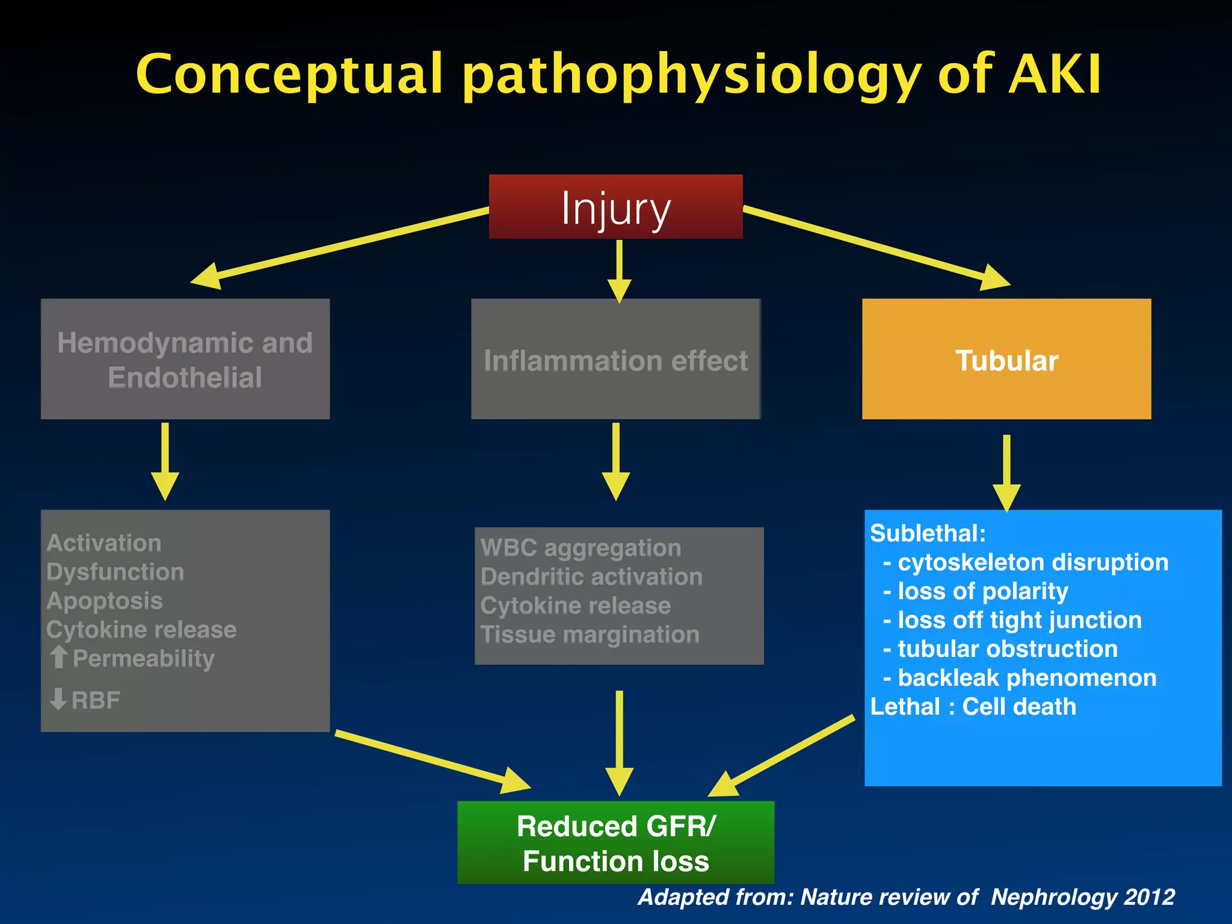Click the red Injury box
[615, 207]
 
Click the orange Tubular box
[1006, 359]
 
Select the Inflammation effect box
[615, 360]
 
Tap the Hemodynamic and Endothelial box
[185, 359]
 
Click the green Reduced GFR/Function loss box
[615, 842]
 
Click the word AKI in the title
[1055, 75]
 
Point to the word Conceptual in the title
[289, 75]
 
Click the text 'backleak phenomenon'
[1026, 678]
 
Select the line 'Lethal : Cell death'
[973, 707]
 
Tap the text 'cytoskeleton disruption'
[1032, 562]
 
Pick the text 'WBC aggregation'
[581, 548]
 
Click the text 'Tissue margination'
[590, 635]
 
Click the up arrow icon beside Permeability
[58, 657]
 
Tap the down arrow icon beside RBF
[58, 700]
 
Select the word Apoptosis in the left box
[105, 601]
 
